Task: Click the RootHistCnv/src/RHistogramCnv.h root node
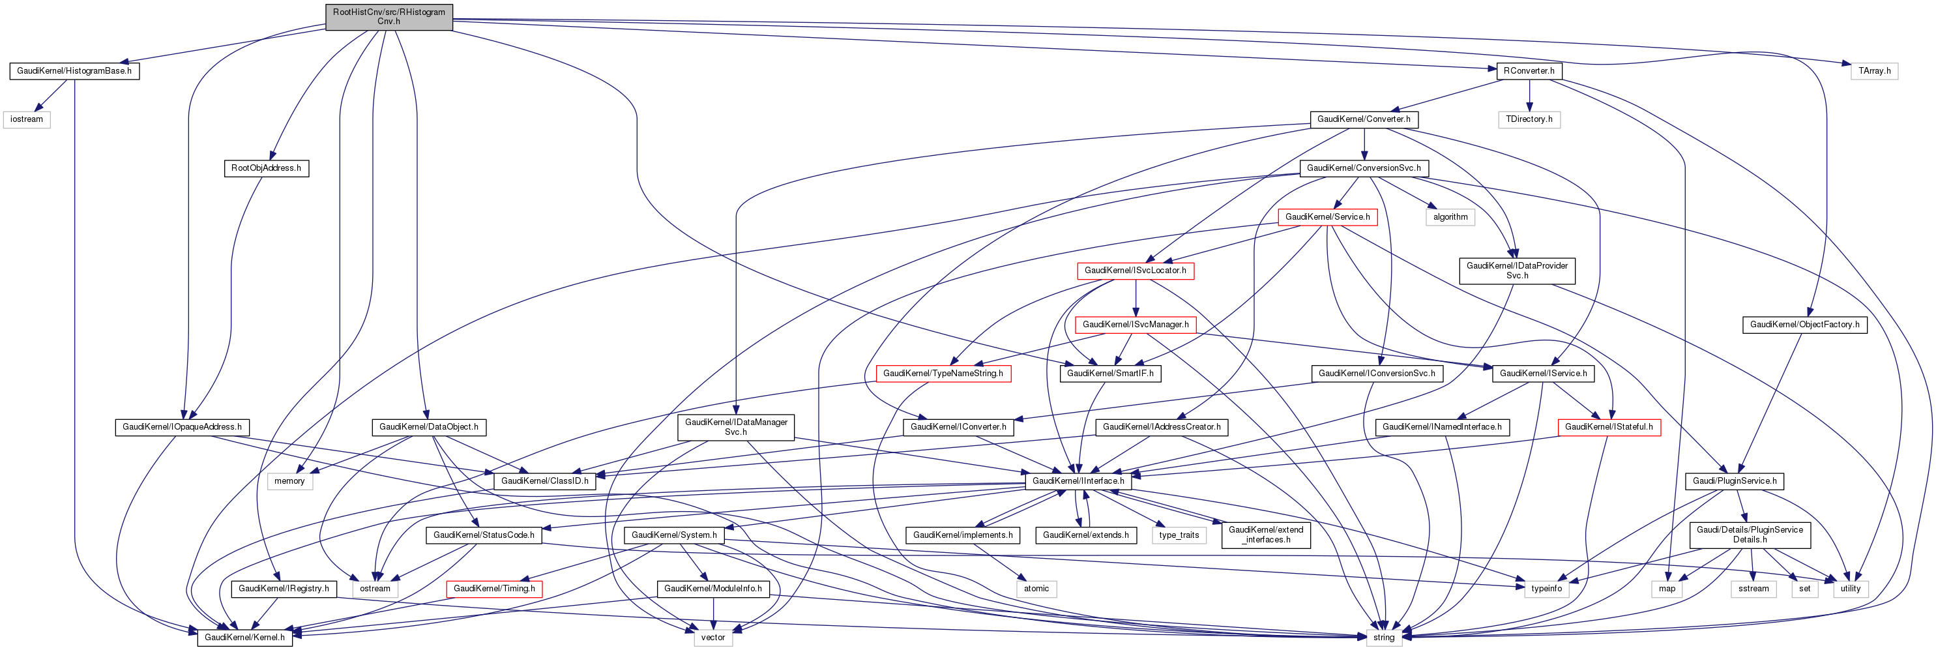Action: click(x=389, y=16)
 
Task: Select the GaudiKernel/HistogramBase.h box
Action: click(x=74, y=71)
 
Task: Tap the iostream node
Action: click(x=26, y=119)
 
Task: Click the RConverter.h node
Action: click(x=1529, y=71)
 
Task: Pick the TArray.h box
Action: click(x=1874, y=71)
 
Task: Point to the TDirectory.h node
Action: click(x=1529, y=119)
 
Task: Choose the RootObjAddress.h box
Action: click(x=266, y=168)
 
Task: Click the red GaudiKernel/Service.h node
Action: click(x=1327, y=217)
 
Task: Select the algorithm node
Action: click(x=1450, y=217)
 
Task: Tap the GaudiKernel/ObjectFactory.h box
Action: click(x=1804, y=325)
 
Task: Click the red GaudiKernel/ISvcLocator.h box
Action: click(x=1135, y=271)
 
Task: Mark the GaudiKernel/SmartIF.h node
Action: click(x=1109, y=374)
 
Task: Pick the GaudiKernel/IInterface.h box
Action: click(x=1078, y=481)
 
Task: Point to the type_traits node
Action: click(x=1179, y=535)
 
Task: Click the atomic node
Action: click(x=1036, y=588)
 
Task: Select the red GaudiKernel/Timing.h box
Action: click(x=493, y=588)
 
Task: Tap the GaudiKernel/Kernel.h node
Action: click(x=244, y=637)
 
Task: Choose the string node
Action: click(x=1384, y=637)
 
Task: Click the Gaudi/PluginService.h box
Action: click(x=1735, y=481)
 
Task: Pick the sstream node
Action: click(x=1753, y=588)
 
